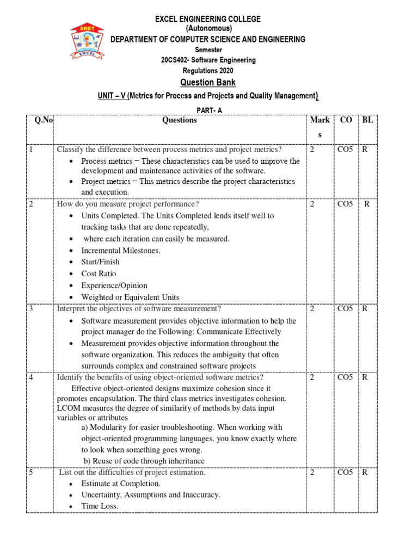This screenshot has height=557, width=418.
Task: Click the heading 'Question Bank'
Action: tap(208, 83)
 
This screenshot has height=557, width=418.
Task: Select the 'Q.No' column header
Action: tap(44, 120)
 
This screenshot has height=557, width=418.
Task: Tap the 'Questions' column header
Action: tap(179, 120)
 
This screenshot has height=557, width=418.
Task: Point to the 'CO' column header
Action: tap(346, 120)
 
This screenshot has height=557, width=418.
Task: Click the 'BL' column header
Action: tap(367, 120)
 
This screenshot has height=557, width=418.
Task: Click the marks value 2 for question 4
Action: tap(312, 377)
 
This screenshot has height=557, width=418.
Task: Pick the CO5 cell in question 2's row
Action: tap(345, 204)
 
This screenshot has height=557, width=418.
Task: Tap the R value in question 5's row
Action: tap(365, 472)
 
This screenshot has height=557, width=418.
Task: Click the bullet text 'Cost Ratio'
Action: tap(99, 274)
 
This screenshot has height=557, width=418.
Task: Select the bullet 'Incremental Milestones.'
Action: tap(121, 251)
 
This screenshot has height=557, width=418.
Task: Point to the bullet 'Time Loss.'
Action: tap(100, 506)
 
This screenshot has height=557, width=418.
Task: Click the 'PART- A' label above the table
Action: tap(208, 110)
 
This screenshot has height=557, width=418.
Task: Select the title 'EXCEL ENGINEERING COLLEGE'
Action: tap(208, 19)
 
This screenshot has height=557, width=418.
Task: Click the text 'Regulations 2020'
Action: tap(208, 71)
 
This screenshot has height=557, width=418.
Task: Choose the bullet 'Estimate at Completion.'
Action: tap(121, 484)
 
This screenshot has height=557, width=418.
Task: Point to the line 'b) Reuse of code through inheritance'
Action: tap(144, 461)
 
